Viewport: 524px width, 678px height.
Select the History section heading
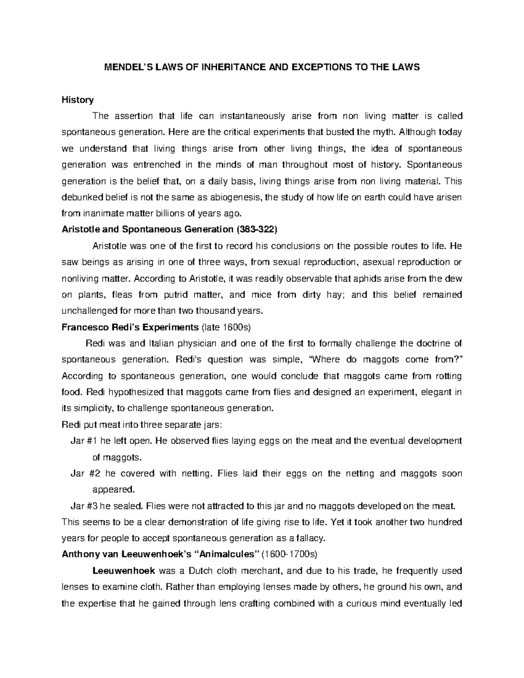78,100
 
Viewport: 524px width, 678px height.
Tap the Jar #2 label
85,474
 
